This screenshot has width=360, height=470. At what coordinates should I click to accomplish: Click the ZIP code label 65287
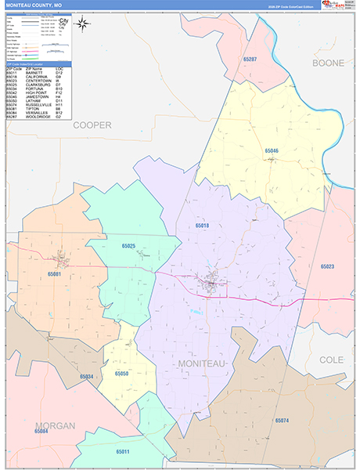(250, 59)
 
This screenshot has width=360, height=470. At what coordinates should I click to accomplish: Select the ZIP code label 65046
(272, 150)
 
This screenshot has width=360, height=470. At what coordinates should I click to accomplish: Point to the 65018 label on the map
(202, 225)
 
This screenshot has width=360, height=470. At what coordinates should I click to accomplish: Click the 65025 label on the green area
(129, 246)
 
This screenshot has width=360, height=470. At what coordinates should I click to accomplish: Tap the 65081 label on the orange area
(54, 274)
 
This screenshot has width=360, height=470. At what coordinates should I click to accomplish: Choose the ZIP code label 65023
(327, 266)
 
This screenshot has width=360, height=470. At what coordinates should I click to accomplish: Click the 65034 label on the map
(86, 376)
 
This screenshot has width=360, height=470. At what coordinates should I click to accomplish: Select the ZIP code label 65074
(282, 421)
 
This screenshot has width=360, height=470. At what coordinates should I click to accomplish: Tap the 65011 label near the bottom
(123, 452)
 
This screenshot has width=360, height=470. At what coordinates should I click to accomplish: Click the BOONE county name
(328, 63)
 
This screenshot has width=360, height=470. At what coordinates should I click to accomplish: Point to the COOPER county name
(92, 125)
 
